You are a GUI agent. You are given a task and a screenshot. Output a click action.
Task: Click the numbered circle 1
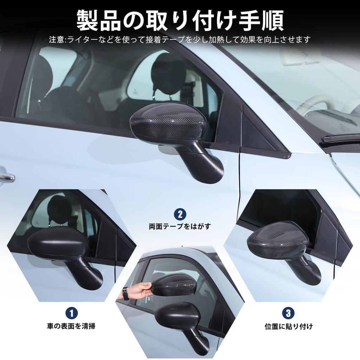(x=71, y=313)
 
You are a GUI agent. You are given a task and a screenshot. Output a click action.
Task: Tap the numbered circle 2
(x=180, y=214)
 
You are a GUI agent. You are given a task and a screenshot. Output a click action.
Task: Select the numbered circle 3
(x=288, y=313)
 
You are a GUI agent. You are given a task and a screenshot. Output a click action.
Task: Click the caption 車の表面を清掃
(x=71, y=326)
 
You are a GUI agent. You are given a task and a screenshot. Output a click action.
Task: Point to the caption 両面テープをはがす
(x=180, y=226)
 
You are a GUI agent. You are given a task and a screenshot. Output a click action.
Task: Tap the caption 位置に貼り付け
(x=288, y=326)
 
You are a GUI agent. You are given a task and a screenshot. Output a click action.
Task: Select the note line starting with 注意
(x=180, y=39)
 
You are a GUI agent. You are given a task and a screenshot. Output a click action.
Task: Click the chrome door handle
(x=6, y=178)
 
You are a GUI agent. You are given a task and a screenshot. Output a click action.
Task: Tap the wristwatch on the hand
(x=126, y=293)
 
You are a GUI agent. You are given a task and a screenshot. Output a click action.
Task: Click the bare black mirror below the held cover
(x=178, y=313)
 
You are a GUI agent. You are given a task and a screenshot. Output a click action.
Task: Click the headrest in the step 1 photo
(x=59, y=209)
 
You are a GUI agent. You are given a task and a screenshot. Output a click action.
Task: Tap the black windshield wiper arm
(x=339, y=139)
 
